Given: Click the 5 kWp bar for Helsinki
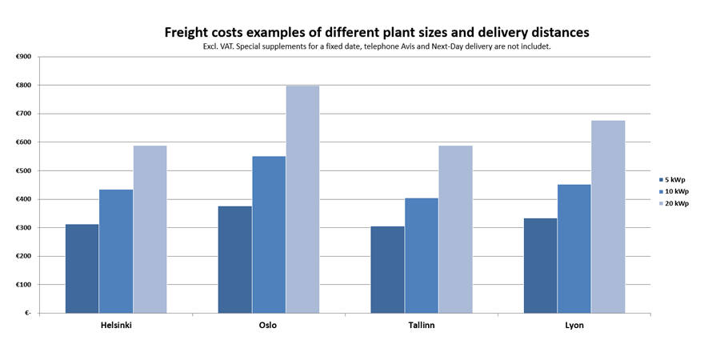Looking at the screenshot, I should [x=82, y=269].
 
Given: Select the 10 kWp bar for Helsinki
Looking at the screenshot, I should [x=116, y=251].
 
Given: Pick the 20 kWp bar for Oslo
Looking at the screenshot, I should [x=302, y=199].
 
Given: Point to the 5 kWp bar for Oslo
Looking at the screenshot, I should [x=234, y=260].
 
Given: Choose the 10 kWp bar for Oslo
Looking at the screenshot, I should [x=269, y=234].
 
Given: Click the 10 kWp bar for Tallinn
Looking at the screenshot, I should [x=421, y=255].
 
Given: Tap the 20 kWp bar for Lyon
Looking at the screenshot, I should [x=608, y=217].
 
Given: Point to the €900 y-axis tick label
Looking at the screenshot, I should [x=23, y=57].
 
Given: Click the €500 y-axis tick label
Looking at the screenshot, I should [x=23, y=171].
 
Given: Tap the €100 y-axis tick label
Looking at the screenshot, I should [x=23, y=285].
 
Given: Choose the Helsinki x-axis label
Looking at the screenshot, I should [x=116, y=326].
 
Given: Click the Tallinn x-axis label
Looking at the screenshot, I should [x=421, y=326].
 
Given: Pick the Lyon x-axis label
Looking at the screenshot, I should [x=574, y=326].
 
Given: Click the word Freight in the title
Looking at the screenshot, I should [x=190, y=33].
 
